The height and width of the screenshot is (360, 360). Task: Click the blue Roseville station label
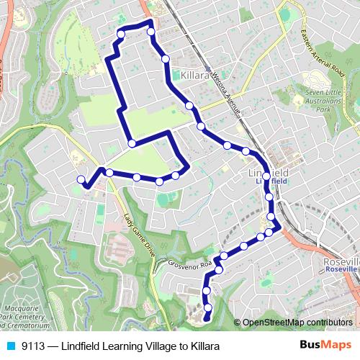click(x=341, y=269)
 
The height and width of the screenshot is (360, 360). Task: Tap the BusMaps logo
click(x=325, y=345)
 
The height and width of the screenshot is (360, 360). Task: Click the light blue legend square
click(x=11, y=346)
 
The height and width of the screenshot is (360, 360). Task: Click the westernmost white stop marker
click(x=81, y=179)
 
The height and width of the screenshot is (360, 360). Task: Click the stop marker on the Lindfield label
click(x=266, y=176)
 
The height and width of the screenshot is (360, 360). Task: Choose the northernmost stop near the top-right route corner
click(x=151, y=32)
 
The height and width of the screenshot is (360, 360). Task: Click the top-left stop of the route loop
click(x=121, y=34)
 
